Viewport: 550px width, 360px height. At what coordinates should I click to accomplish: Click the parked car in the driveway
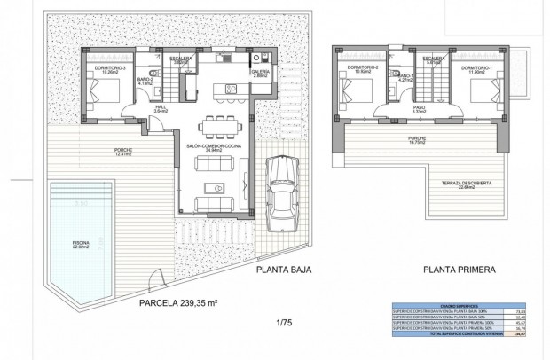280,188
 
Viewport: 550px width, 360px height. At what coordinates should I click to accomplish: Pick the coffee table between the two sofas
214,187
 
